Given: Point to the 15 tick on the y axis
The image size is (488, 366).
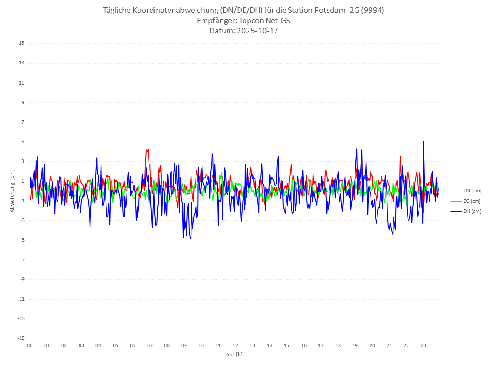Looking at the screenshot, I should click(x=21, y=43).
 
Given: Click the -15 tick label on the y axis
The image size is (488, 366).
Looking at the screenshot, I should click(x=21, y=338).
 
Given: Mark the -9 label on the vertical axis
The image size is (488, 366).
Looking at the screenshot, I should click(x=21, y=279).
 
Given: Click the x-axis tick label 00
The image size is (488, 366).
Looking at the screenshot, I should click(x=30, y=345).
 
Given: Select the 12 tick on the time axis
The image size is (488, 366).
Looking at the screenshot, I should click(x=235, y=345).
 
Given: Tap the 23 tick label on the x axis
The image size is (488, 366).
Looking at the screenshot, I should click(x=424, y=345).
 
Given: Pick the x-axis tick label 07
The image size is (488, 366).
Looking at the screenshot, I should click(x=149, y=345).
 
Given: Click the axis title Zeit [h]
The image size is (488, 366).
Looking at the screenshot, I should click(x=233, y=354).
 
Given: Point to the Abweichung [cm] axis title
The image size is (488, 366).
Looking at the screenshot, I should click(x=12, y=191).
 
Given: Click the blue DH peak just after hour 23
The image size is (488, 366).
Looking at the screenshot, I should click(x=424, y=142).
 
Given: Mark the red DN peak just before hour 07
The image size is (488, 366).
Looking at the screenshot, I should click(x=147, y=150).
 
